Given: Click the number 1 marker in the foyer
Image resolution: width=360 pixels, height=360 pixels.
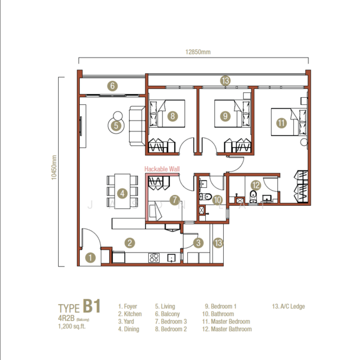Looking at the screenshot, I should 90,257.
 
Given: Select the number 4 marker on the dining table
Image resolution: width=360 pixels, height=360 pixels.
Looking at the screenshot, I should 122,193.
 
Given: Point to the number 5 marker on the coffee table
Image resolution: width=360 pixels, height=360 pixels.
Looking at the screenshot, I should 116,125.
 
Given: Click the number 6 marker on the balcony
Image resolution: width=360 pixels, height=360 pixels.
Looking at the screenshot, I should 112,86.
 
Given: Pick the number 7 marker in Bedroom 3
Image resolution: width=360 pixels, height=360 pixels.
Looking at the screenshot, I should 174,200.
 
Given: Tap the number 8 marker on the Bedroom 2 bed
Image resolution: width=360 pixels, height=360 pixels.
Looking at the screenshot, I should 172,116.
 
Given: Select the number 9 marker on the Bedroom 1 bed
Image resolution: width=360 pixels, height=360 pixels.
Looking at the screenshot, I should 225,116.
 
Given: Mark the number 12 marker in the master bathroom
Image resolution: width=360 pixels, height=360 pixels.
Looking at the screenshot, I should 255,186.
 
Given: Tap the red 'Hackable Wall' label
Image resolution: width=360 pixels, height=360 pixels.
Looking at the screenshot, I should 162,170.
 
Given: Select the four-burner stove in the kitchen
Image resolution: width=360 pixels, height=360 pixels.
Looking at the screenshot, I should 154,258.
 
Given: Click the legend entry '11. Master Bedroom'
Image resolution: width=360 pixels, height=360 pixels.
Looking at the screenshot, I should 227,321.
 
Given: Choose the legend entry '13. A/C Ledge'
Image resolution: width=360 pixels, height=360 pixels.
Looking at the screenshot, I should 289,306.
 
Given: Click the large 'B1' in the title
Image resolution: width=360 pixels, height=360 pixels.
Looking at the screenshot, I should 91,307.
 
